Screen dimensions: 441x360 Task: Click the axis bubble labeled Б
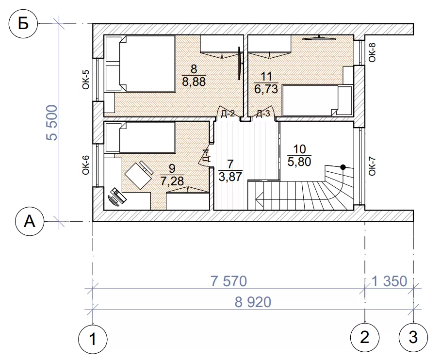[x=23, y=24]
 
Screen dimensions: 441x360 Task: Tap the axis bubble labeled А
[x=30, y=222]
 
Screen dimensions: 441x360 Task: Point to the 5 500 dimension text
[x=52, y=123]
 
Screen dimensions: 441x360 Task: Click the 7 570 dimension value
[x=229, y=281]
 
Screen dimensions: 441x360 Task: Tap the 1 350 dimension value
[x=390, y=281]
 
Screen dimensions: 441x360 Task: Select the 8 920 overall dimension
[x=253, y=302]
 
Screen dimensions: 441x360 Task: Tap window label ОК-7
[x=372, y=166]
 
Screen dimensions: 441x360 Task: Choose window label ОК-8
[x=372, y=52]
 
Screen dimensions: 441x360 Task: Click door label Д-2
[x=228, y=114]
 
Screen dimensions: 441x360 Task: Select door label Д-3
[x=263, y=114]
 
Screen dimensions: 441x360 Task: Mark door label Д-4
[x=207, y=156]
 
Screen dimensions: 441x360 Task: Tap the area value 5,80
[x=299, y=162]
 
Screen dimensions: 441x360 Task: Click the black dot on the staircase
[x=343, y=167]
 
